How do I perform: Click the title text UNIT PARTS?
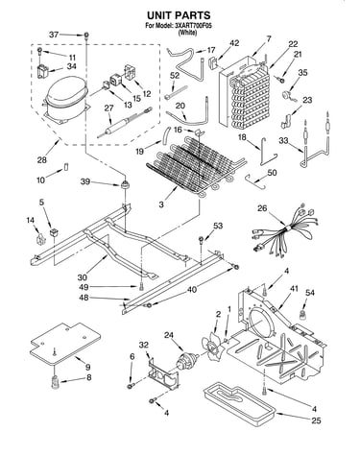(x=179, y=15)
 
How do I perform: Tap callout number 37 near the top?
(x=54, y=35)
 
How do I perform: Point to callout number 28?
(x=42, y=159)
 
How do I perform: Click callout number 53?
(x=218, y=226)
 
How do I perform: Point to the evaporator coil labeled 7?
(x=245, y=93)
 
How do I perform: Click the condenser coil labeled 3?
(x=196, y=166)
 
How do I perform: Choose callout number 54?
(x=310, y=293)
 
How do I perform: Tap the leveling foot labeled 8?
(x=56, y=382)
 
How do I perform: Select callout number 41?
(x=294, y=288)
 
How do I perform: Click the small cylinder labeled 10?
(x=66, y=167)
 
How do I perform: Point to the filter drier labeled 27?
(x=124, y=123)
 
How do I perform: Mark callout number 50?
(x=272, y=173)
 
